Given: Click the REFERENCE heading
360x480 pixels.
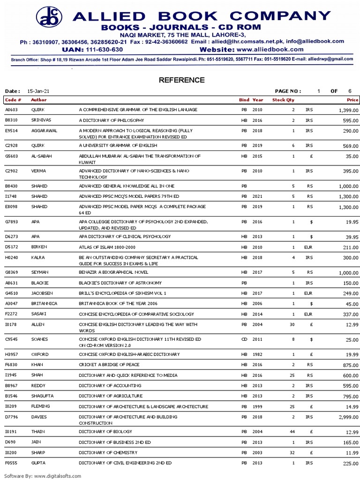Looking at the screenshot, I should [181, 80].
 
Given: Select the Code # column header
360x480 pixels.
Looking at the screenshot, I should [13, 100].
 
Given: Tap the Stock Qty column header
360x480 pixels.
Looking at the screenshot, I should [284, 100].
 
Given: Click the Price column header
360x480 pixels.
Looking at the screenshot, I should [352, 100].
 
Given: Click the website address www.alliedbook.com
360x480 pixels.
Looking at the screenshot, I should [270, 49].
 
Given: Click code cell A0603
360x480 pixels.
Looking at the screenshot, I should [11, 109].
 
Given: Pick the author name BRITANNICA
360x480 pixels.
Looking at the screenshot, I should [44, 303].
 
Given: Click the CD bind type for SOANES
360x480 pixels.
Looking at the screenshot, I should [244, 339].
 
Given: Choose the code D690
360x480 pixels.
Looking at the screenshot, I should [10, 442].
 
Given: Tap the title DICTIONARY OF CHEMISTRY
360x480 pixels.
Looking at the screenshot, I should [108, 452].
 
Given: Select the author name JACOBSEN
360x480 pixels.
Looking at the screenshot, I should [42, 293].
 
